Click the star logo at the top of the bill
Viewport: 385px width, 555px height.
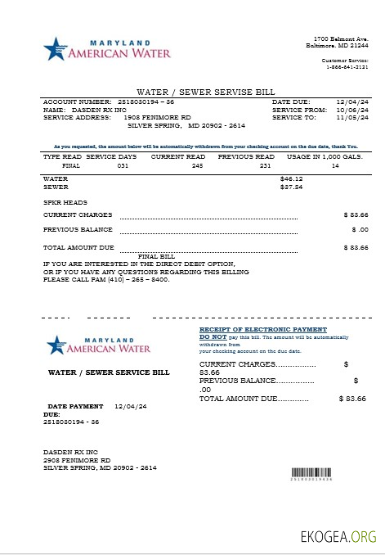[x=55, y=48]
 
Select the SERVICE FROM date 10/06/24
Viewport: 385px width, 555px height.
[x=354, y=109]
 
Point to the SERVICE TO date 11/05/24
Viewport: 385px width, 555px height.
[x=354, y=117]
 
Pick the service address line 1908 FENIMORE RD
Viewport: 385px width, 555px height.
[x=157, y=117]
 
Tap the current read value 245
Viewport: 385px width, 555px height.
[x=197, y=165]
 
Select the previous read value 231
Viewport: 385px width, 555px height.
[x=264, y=165]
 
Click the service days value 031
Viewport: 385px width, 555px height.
[x=123, y=165]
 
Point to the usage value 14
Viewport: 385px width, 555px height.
[x=334, y=165]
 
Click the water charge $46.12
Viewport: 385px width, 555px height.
[x=291, y=178]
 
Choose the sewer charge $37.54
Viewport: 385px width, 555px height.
[x=291, y=187]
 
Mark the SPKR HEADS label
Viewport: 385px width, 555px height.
[x=60, y=201]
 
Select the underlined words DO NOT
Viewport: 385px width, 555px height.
[x=213, y=336]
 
